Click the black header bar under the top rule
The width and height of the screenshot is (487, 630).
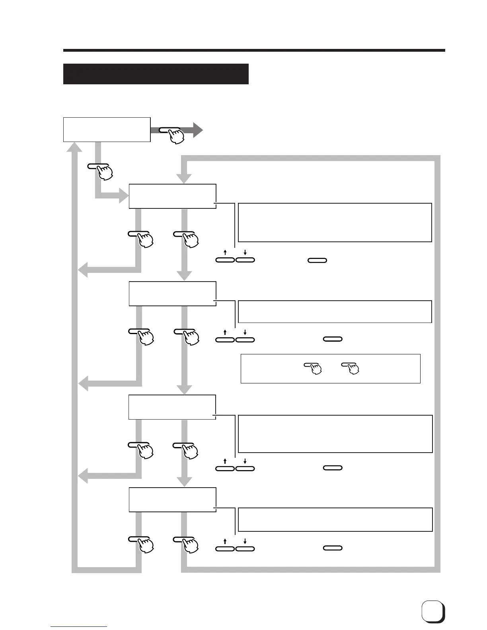point(156,74)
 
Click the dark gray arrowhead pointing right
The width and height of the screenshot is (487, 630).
point(198,130)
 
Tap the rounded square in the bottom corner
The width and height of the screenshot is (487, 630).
point(433,611)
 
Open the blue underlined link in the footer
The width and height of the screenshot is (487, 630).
point(79,627)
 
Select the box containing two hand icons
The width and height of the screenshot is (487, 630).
point(330,369)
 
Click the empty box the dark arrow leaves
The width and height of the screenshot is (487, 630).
point(107,130)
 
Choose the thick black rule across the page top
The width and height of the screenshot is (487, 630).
point(254,51)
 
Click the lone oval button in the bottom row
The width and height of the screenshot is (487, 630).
point(333,548)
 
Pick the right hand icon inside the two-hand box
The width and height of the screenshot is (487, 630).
point(351,368)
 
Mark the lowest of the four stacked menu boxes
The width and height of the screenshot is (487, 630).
point(172,500)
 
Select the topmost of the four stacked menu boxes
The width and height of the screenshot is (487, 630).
point(172,196)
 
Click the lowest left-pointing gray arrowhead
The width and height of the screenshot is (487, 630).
point(83,476)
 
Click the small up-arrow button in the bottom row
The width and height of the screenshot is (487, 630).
point(225,548)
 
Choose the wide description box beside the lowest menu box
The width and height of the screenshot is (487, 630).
point(335,519)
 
